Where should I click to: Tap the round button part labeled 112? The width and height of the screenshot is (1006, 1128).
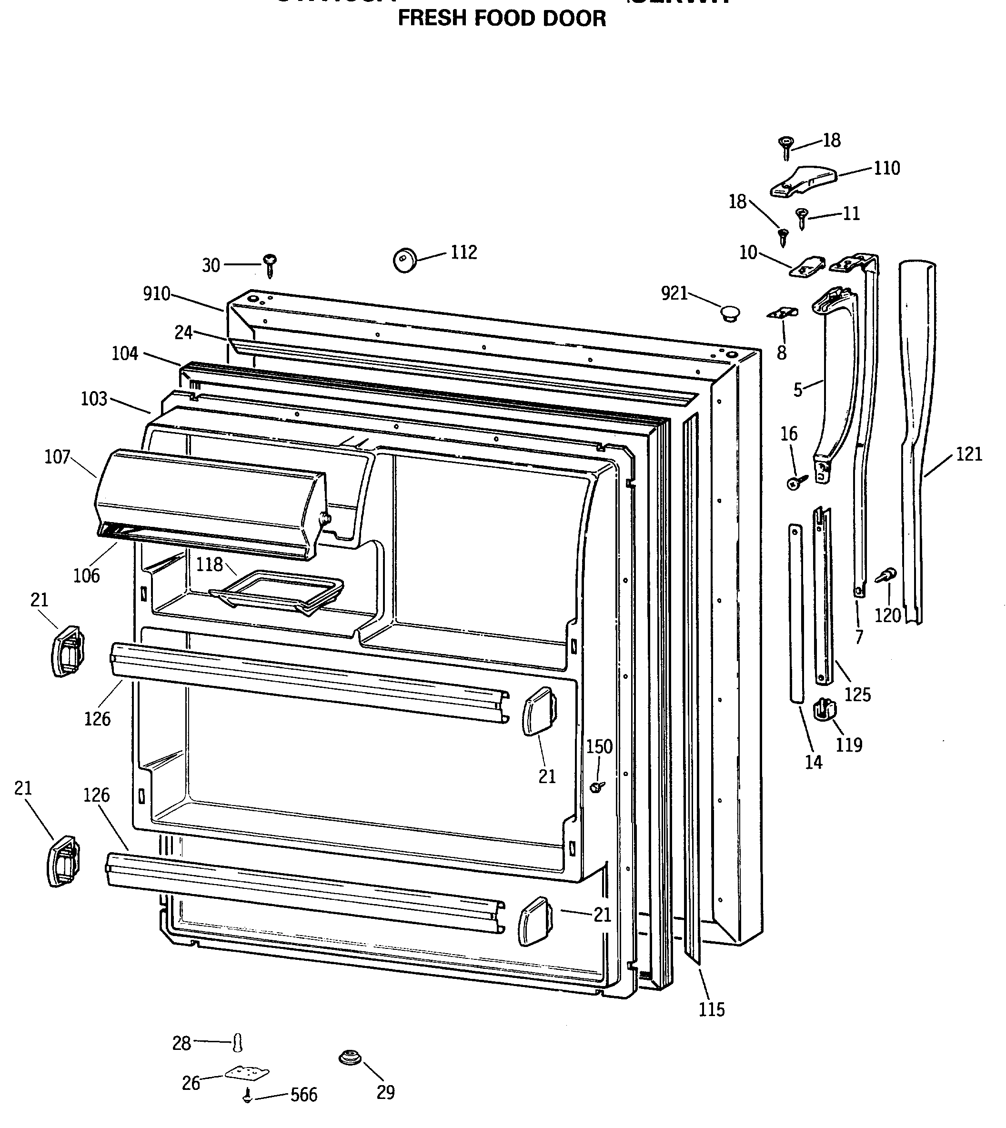pos(405,260)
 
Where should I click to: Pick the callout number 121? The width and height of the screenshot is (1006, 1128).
pos(968,454)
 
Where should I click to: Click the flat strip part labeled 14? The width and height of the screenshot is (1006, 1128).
pos(795,614)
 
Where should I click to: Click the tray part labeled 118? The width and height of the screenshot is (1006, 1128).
pos(276,593)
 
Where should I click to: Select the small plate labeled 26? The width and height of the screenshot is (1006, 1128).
pos(247,1073)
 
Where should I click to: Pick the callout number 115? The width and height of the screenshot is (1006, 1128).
pos(711,1010)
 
